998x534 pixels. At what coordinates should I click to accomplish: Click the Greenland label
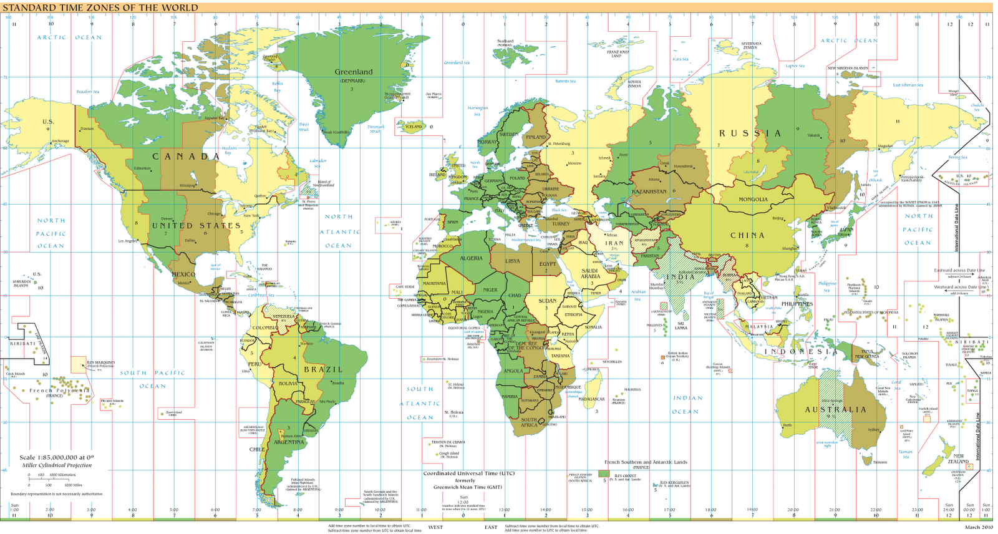354,72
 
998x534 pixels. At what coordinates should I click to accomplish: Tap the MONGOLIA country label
753,200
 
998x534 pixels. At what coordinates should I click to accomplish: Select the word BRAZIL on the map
323,369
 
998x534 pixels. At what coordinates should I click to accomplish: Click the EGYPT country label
548,264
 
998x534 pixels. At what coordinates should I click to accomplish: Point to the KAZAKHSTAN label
649,192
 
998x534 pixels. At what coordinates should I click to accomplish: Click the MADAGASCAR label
592,399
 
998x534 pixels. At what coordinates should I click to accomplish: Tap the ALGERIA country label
471,258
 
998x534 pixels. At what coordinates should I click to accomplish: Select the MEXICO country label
183,274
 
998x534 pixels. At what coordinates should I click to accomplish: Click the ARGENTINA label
289,442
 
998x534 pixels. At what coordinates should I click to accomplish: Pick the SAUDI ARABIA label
590,273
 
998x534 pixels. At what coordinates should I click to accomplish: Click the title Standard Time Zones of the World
101,8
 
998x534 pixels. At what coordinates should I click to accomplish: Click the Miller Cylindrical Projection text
57,465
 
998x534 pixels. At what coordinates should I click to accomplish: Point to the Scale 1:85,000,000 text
57,457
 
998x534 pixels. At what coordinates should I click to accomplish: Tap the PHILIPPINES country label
797,304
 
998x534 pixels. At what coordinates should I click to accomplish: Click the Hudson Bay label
230,150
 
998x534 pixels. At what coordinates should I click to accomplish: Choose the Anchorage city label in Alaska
61,141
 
